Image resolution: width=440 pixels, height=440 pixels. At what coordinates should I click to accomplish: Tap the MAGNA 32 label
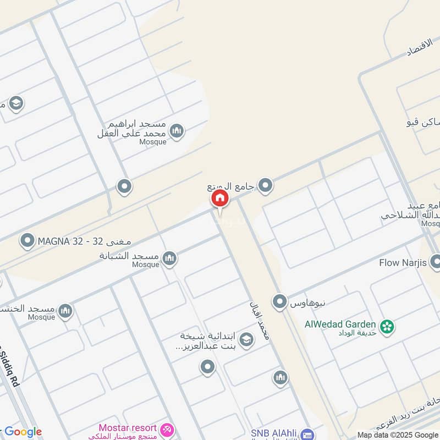tap(70, 241)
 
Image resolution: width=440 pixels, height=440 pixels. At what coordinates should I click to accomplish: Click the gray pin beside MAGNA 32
tap(27, 240)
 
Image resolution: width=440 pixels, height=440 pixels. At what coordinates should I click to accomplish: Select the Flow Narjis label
tap(403, 263)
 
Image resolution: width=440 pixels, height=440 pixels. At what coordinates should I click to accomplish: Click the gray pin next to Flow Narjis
tap(435, 261)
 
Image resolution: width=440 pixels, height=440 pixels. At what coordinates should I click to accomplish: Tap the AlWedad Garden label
tap(340, 324)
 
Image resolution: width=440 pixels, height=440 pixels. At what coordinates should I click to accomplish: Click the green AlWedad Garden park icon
tap(388, 326)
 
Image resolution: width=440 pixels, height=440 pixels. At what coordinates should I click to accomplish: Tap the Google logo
tap(23, 432)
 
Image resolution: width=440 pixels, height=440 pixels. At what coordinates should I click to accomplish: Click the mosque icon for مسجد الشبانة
tap(169, 257)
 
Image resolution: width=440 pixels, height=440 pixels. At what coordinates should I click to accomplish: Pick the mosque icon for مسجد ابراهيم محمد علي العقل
tap(176, 130)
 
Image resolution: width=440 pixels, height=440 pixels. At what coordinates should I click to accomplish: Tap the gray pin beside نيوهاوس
tap(279, 301)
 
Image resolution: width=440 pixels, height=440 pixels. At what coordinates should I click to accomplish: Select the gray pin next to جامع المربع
tap(266, 186)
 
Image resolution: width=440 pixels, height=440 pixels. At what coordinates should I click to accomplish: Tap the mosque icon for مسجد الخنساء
tap(66, 311)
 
